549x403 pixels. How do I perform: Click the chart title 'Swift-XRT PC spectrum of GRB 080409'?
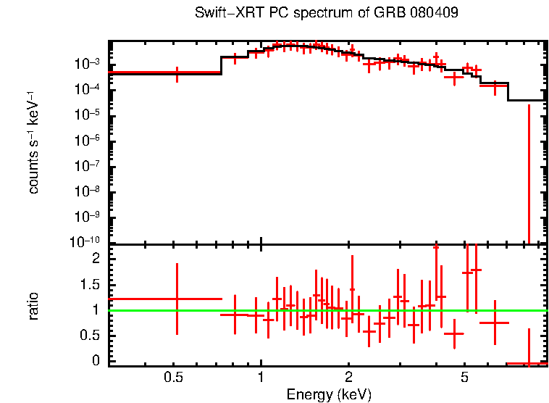[x=327, y=14]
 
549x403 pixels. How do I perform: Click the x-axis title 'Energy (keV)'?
[x=329, y=394]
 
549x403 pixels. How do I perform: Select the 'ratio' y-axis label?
[x=34, y=306]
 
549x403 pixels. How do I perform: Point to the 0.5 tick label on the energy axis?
[x=173, y=378]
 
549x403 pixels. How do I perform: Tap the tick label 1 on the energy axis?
[x=261, y=378]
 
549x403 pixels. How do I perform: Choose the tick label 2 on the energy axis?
[x=348, y=378]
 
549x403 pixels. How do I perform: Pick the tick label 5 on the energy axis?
[x=464, y=378]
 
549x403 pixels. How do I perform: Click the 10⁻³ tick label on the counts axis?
[x=91, y=64]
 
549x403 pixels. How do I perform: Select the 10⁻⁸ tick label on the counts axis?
[x=91, y=192]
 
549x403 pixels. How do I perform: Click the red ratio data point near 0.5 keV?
[x=177, y=299]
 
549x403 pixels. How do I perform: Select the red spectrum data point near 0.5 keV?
[x=177, y=72]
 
